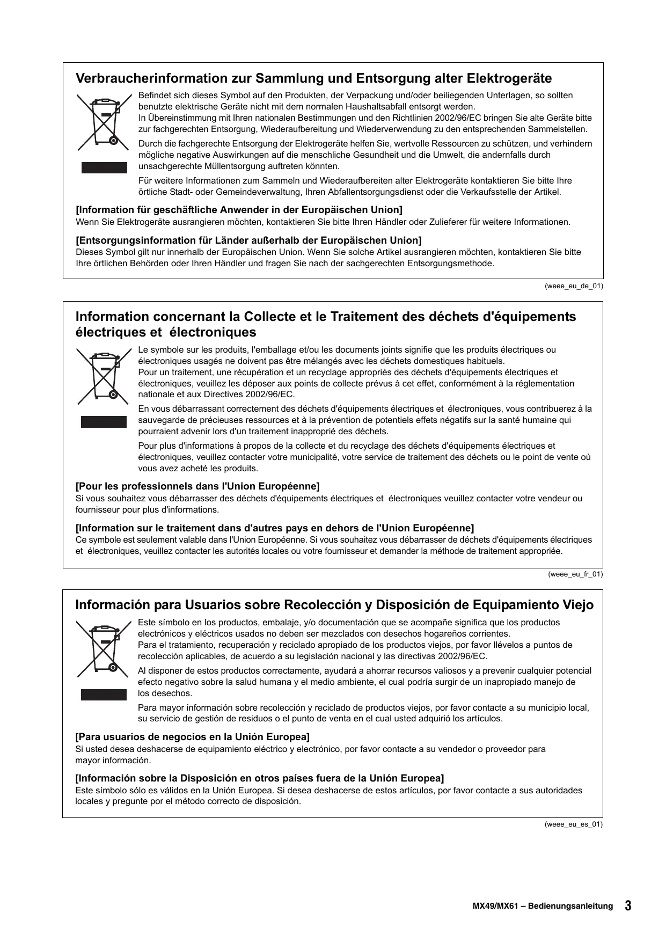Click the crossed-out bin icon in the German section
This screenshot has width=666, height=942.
click(x=104, y=122)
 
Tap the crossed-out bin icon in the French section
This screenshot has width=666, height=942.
click(x=104, y=376)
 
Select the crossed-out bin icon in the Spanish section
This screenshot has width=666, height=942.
click(x=104, y=648)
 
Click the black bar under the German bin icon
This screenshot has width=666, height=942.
click(x=104, y=167)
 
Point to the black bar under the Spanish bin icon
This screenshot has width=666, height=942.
click(x=104, y=695)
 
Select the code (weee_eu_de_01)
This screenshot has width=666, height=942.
click(x=574, y=286)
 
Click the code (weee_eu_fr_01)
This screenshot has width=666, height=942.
click(x=575, y=574)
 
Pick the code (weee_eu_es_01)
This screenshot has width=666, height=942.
click(x=574, y=824)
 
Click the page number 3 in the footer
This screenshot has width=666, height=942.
click(x=628, y=906)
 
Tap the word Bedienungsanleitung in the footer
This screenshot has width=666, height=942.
click(x=570, y=906)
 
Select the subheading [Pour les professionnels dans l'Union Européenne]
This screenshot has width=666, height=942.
click(x=197, y=486)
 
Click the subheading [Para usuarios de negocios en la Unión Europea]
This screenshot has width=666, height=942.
click(x=193, y=736)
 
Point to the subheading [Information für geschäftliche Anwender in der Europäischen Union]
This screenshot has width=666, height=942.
click(x=239, y=210)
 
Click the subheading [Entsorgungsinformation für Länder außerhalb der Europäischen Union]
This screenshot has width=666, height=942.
click(x=248, y=240)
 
